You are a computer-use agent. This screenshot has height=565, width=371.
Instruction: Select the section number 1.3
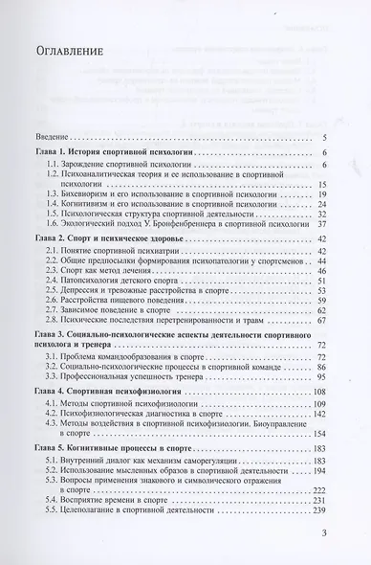(67, 193)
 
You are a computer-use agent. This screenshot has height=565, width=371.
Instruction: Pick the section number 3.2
(67, 364)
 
